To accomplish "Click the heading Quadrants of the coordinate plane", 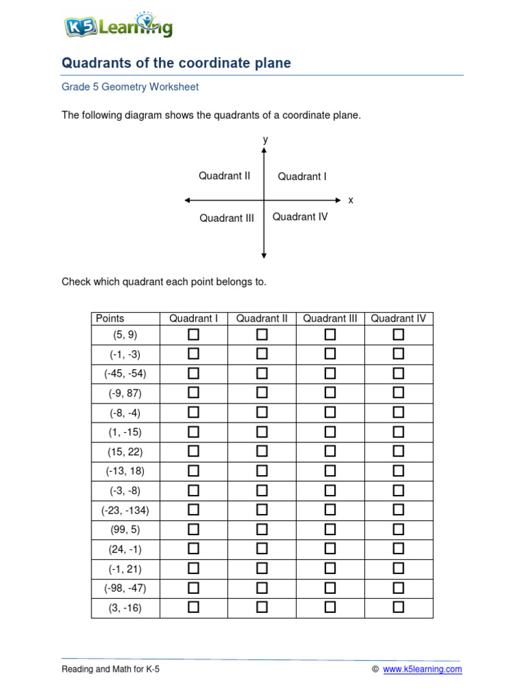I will tap(176, 63).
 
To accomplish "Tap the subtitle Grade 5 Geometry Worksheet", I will tap(130, 87).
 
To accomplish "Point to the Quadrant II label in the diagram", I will tap(224, 176).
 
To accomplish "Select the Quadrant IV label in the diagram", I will tap(300, 217).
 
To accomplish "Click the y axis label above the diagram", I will tap(265, 140).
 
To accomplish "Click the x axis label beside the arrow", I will tap(351, 201).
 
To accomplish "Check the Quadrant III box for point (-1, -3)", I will tap(330, 354).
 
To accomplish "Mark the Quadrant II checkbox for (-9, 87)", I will tap(262, 393).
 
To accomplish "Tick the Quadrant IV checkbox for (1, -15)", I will tap(398, 432).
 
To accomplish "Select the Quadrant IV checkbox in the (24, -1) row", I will tap(398, 549).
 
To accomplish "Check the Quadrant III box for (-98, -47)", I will tap(330, 588).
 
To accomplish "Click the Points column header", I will tap(111, 318).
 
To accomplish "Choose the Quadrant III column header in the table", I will tap(330, 318).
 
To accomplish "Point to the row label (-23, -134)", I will tap(126, 510).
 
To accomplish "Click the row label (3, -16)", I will tap(126, 608).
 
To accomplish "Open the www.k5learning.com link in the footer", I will tap(422, 670).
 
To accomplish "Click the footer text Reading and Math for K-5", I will tap(111, 670).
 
